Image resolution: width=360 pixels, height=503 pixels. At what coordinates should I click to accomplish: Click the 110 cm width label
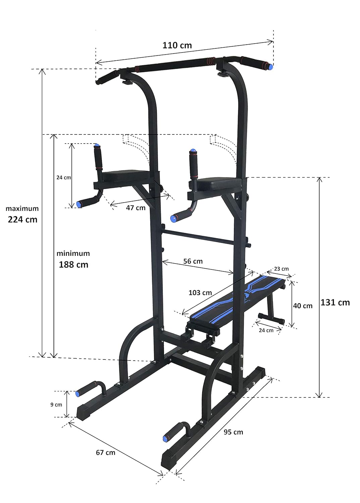[177, 45]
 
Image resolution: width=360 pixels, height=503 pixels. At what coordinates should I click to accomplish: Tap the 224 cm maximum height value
[22, 219]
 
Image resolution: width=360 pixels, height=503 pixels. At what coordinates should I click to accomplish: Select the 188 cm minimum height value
[73, 265]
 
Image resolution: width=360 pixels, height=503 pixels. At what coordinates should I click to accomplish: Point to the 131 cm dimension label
[335, 302]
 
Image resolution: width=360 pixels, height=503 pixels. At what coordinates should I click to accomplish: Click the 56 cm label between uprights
[193, 261]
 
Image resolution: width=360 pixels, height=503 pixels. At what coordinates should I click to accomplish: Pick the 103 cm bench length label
[200, 293]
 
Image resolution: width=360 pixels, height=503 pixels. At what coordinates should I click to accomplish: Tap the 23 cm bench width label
[281, 269]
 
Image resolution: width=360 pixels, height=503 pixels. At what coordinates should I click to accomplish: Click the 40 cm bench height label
[303, 306]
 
